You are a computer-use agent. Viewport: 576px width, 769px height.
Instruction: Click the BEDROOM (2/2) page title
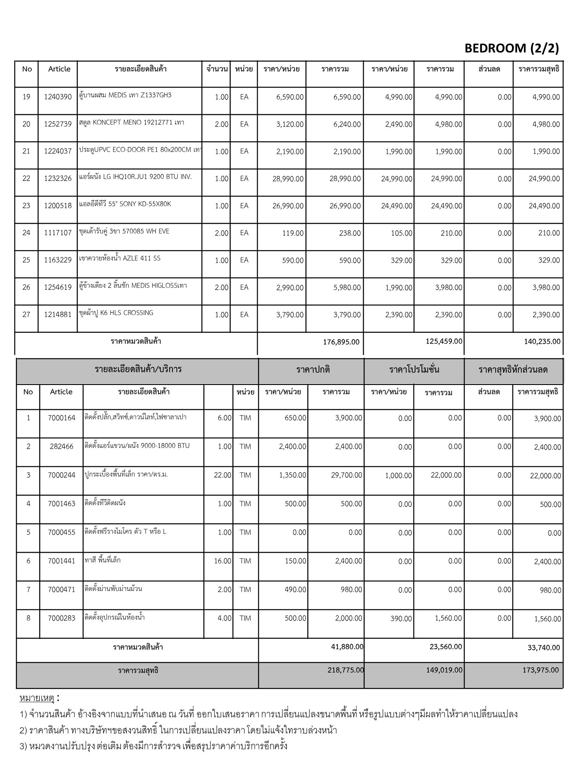[x=511, y=48]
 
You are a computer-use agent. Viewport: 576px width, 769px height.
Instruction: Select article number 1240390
[x=58, y=97]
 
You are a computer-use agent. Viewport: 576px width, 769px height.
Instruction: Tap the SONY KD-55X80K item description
[x=125, y=204]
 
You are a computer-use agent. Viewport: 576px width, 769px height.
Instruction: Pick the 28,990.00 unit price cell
[x=288, y=179]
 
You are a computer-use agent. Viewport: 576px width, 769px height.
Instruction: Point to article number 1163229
[x=58, y=260]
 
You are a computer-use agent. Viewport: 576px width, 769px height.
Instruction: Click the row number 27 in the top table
[x=26, y=315]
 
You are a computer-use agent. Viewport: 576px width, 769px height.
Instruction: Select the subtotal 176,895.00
[x=341, y=342]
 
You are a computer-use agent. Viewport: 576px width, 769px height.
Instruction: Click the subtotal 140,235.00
[x=543, y=341]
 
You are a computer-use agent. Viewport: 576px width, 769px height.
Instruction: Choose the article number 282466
[x=61, y=446]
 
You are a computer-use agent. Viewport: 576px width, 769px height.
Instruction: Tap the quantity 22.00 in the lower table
[x=222, y=475]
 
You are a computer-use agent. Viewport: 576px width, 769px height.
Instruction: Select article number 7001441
[x=61, y=561]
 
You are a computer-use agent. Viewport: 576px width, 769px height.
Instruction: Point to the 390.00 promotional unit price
[x=401, y=618]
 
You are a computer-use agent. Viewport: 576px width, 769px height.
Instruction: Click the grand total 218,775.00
[x=346, y=670]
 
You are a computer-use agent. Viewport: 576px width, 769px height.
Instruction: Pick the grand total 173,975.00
[x=540, y=670]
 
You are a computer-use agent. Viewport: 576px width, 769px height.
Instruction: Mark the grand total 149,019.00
[x=444, y=670]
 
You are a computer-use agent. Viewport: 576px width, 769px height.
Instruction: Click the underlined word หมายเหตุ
[x=37, y=698]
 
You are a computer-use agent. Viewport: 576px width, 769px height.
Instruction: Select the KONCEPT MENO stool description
[x=132, y=122]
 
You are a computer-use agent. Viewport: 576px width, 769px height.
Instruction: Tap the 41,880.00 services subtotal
[x=347, y=647]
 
